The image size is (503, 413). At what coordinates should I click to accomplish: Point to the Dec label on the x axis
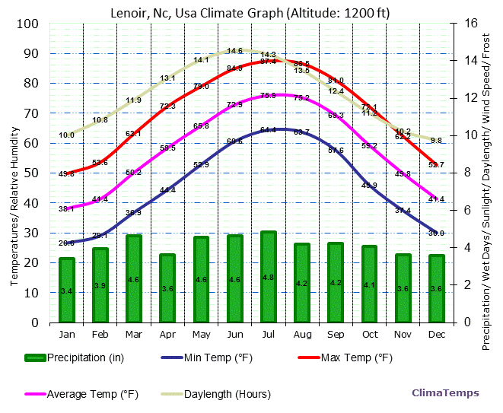pyautogui.click(x=436, y=334)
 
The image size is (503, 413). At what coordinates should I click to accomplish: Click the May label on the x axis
pyautogui.click(x=201, y=334)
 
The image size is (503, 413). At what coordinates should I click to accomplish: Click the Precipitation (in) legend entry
pyautogui.click(x=84, y=357)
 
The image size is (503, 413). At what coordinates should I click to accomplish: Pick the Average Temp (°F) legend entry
pyautogui.click(x=92, y=394)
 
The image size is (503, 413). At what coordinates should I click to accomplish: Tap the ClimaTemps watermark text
pyautogui.click(x=445, y=393)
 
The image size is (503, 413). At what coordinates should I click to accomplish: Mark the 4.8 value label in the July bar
pyautogui.click(x=269, y=278)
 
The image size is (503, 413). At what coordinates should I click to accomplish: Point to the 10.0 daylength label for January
pyautogui.click(x=67, y=135)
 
